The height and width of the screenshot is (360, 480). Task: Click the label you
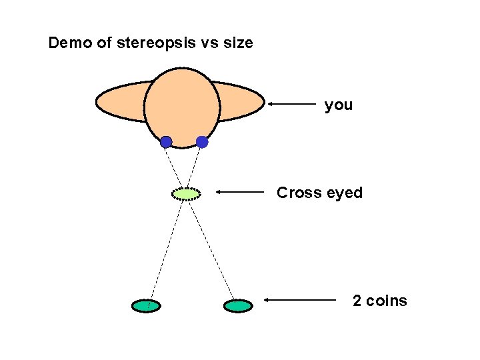[339, 105]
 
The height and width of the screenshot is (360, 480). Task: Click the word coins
[387, 301]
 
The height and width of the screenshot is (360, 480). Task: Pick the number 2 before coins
[357, 301]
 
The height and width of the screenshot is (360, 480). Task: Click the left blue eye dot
[166, 141]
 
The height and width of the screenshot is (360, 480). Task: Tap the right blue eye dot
[202, 141]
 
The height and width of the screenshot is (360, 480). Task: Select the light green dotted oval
[186, 193]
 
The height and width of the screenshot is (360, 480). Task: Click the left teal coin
[146, 306]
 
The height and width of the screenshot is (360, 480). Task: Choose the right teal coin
[238, 306]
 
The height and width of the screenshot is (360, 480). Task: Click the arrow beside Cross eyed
[240, 192]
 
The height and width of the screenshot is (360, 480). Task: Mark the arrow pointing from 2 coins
[300, 300]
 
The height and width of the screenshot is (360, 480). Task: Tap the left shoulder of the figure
[120, 102]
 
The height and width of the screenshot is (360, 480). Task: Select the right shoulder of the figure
[241, 102]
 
